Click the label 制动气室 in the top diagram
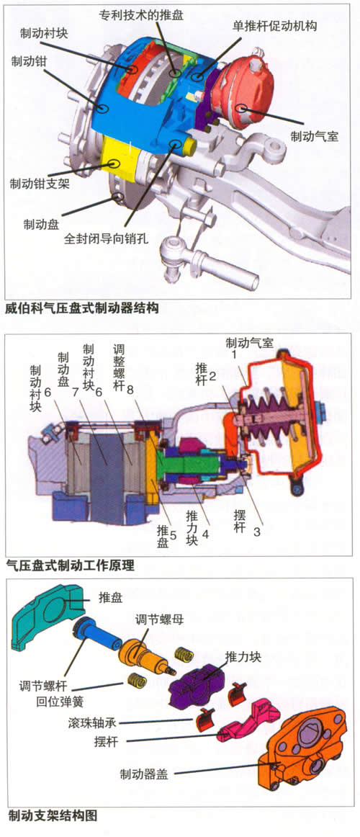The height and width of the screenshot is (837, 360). tap(314, 136)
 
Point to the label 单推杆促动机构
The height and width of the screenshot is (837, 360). tap(274, 25)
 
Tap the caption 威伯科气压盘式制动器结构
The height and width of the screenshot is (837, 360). tap(82, 308)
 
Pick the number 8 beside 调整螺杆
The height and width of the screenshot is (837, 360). tap(130, 390)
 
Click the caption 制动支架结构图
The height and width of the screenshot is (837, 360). tap(53, 815)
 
